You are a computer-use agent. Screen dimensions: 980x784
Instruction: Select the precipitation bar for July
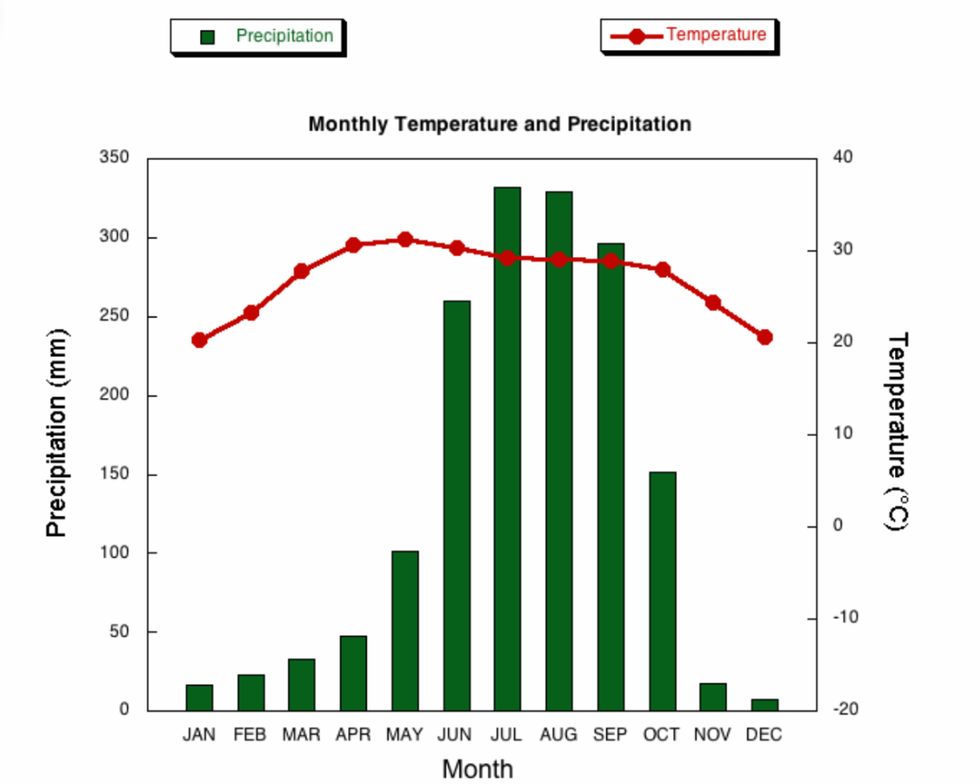507,448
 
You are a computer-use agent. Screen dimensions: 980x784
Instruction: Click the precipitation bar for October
662,591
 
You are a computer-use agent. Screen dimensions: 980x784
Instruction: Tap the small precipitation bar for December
765,705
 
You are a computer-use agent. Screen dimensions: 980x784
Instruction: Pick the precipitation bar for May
405,631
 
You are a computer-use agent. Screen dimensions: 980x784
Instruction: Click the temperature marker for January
199,340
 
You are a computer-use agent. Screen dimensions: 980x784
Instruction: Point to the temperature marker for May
405,239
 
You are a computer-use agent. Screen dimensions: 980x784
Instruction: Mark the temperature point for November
713,303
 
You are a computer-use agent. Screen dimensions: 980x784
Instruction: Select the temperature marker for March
301,271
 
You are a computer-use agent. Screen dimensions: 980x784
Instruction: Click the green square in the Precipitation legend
208,38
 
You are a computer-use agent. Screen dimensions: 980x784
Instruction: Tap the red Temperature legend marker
636,36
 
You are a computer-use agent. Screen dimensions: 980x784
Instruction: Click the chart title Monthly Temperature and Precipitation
500,124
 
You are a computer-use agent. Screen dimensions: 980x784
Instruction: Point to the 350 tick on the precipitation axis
114,157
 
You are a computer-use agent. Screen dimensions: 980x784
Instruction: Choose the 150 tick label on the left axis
114,474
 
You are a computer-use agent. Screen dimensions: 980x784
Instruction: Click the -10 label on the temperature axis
845,617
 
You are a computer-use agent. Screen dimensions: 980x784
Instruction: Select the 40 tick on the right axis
842,157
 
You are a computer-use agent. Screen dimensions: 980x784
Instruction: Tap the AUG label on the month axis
559,735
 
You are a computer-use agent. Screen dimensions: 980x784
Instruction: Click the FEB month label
250,735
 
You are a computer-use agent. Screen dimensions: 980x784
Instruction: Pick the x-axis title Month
477,769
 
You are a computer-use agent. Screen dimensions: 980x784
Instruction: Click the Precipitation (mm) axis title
56,432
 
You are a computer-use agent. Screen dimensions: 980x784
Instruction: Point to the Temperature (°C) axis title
898,431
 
